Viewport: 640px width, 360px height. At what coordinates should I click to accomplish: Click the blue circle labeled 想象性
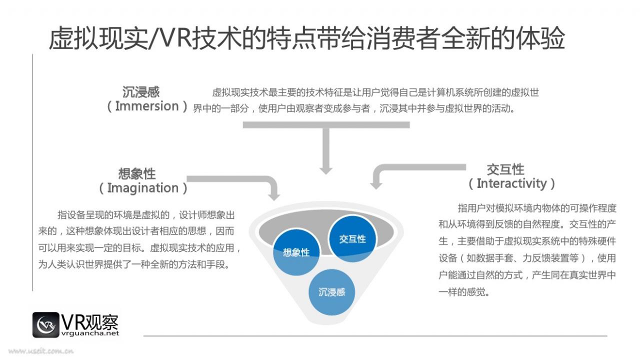pyautogui.click(x=296, y=252)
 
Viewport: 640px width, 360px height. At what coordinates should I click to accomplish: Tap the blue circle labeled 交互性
pyautogui.click(x=352, y=239)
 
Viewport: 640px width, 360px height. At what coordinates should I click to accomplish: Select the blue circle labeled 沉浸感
pyautogui.click(x=331, y=292)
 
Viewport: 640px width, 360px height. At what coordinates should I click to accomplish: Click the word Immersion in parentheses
pyautogui.click(x=147, y=106)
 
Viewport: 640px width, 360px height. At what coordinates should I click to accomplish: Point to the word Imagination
pyautogui.click(x=143, y=188)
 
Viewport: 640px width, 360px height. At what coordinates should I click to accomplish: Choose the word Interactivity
pyautogui.click(x=511, y=183)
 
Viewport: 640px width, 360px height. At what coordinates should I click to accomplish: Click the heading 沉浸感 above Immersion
pyautogui.click(x=141, y=92)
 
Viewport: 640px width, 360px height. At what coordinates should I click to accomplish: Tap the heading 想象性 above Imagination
pyautogui.click(x=137, y=173)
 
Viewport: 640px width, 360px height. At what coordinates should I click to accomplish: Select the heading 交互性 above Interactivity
pyautogui.click(x=505, y=169)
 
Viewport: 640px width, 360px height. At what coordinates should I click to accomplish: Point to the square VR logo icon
pyautogui.click(x=45, y=325)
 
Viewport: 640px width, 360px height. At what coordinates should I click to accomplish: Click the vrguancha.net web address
pyautogui.click(x=90, y=333)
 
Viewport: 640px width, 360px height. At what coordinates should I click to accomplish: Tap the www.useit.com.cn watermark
pyautogui.click(x=41, y=351)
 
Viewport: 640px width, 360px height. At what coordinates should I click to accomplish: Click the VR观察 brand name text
pyautogui.click(x=89, y=322)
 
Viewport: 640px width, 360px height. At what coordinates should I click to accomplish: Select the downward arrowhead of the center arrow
pyautogui.click(x=325, y=170)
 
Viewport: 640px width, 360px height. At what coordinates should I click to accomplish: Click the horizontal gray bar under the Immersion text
pyautogui.click(x=326, y=125)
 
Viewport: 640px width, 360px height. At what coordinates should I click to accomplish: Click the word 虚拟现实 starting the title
pyautogui.click(x=98, y=38)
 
